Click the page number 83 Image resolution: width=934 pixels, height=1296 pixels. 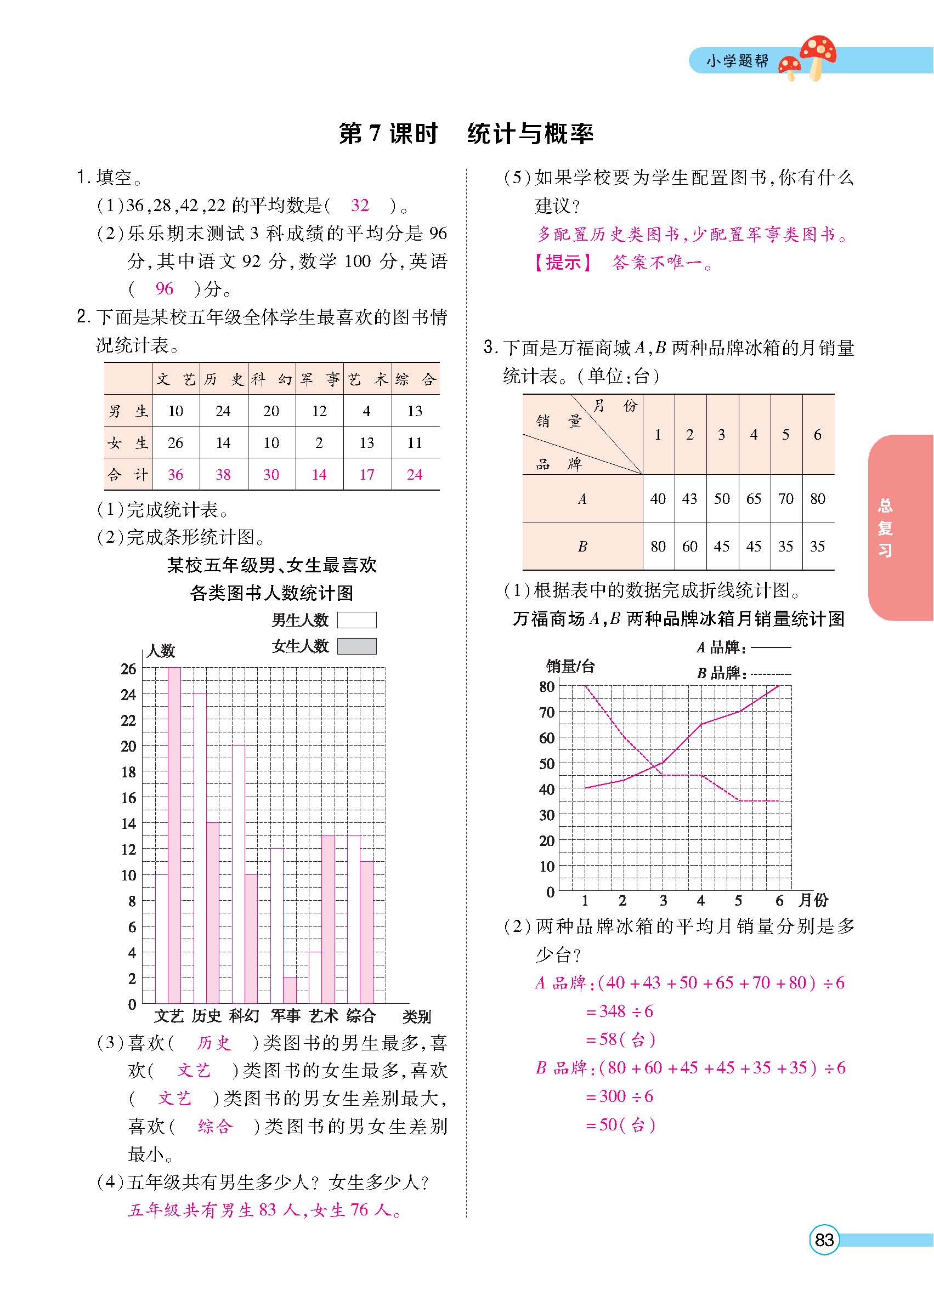tap(824, 1240)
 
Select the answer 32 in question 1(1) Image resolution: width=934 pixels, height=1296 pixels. tap(360, 205)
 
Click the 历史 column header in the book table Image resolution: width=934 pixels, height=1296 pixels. tap(224, 379)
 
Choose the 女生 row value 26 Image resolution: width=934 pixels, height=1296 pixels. tap(176, 443)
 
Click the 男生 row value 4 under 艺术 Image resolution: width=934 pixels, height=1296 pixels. tap(366, 411)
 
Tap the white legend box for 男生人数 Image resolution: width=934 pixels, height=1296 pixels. tap(356, 620)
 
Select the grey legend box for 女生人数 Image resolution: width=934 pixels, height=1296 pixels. tap(356, 646)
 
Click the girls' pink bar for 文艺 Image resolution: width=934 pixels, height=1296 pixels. tap(174, 834)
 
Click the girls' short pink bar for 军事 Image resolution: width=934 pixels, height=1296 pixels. tap(290, 990)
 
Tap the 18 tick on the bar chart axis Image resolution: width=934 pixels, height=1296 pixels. tap(129, 772)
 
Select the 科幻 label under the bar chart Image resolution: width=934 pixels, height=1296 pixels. tap(244, 1016)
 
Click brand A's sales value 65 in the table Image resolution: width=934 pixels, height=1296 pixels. tap(754, 499)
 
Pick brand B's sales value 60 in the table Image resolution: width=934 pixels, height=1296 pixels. tap(689, 546)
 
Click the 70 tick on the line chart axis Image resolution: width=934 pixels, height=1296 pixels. tap(547, 712)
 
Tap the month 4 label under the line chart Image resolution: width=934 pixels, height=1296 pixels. tap(701, 901)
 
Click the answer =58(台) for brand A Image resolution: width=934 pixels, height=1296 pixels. tap(620, 1039)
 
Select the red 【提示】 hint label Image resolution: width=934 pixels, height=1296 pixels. tap(563, 263)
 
